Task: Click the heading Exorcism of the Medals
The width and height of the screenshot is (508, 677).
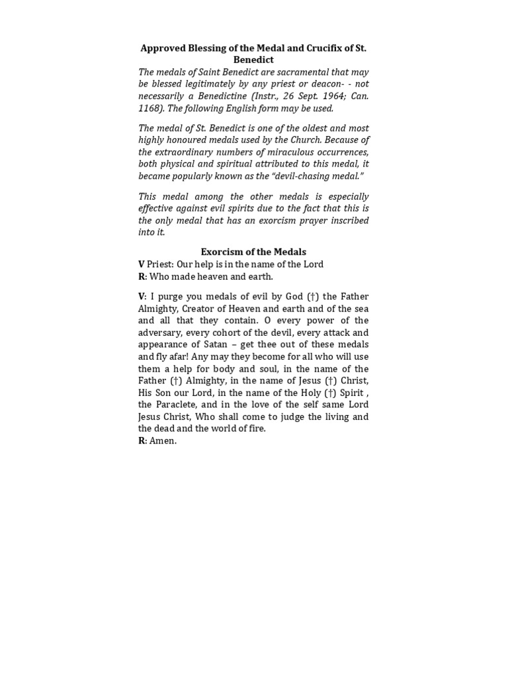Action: [x=253, y=252]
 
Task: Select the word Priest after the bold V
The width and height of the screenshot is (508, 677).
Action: [x=159, y=264]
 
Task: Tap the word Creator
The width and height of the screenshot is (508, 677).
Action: [x=202, y=309]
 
